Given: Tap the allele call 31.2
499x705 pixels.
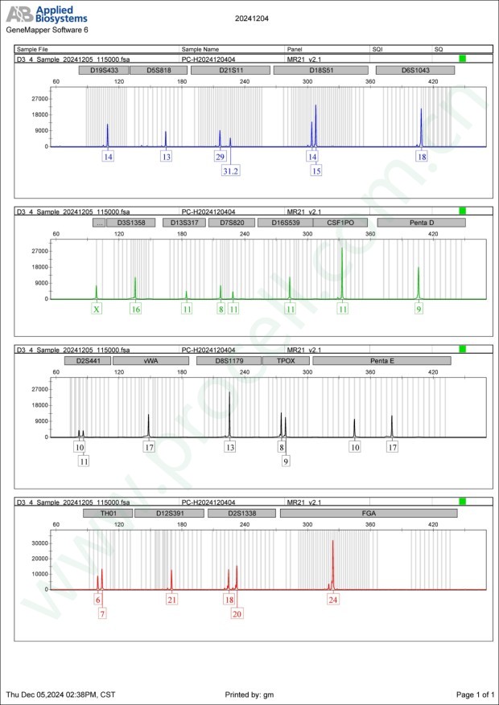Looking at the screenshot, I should pyautogui.click(x=231, y=171).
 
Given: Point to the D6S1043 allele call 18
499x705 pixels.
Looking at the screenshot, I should pyautogui.click(x=421, y=157).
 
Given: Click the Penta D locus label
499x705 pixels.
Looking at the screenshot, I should pyautogui.click(x=416, y=223).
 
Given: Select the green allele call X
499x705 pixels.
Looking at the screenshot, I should pyautogui.click(x=97, y=309).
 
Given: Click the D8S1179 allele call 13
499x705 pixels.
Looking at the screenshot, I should pyautogui.click(x=230, y=447).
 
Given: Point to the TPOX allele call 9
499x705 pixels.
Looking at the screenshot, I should pyautogui.click(x=286, y=461).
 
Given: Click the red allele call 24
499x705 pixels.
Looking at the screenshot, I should pyautogui.click(x=333, y=599).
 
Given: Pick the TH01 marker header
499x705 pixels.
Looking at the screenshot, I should pyautogui.click(x=107, y=513).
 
